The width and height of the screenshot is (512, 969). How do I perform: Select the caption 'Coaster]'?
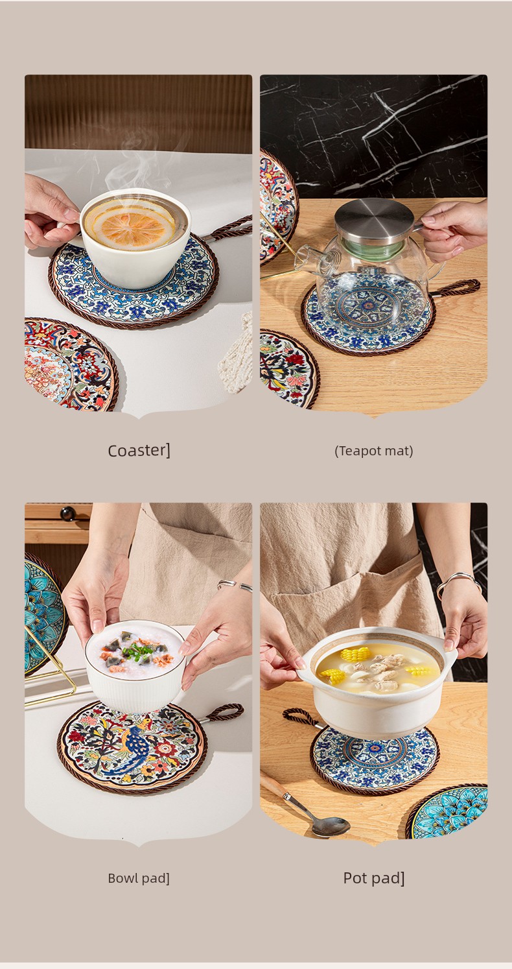[139, 450]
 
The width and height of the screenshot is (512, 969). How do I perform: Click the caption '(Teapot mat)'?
[373, 451]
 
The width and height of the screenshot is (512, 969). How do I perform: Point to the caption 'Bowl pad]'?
[139, 878]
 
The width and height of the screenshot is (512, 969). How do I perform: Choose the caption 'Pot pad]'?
[373, 878]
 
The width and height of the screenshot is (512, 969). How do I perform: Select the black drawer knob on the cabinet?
[67, 514]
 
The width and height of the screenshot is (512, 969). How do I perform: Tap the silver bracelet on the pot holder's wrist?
[458, 582]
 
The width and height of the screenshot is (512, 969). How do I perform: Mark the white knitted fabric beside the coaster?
[237, 353]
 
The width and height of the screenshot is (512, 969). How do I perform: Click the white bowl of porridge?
[135, 665]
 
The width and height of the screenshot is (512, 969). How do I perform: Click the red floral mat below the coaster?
[69, 365]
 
